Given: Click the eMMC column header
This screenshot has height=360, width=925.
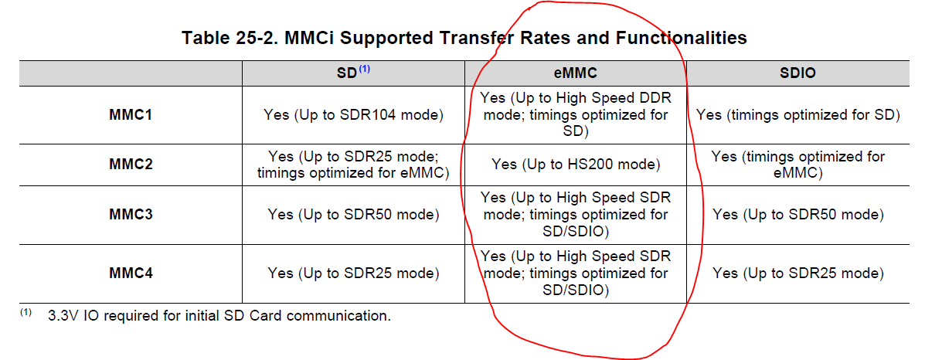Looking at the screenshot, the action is pyautogui.click(x=575, y=73).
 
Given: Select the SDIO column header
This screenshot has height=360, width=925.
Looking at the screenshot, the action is pyautogui.click(x=797, y=73).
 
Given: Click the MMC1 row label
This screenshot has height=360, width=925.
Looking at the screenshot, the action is pyautogui.click(x=131, y=114).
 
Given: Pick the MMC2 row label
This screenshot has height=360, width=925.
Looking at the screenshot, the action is pyautogui.click(x=131, y=164).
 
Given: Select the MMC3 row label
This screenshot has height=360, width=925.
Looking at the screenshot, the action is pyautogui.click(x=131, y=214).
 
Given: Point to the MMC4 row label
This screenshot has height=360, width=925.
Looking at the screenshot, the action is pyautogui.click(x=131, y=273).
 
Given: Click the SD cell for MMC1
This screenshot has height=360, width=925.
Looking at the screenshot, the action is pyautogui.click(x=353, y=115).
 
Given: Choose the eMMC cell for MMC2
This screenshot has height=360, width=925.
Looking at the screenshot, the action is pyautogui.click(x=575, y=165).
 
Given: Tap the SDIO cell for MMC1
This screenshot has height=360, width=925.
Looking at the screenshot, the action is pyautogui.click(x=797, y=115).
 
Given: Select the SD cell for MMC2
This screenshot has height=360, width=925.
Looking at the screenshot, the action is pyautogui.click(x=353, y=165).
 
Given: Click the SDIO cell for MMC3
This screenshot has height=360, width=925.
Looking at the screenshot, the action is pyautogui.click(x=797, y=215).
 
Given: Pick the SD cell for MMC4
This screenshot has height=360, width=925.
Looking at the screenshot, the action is pyautogui.click(x=353, y=273).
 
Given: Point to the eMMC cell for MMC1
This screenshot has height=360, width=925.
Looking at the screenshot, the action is pyautogui.click(x=575, y=114).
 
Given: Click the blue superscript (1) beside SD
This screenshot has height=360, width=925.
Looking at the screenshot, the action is pyautogui.click(x=365, y=69).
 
